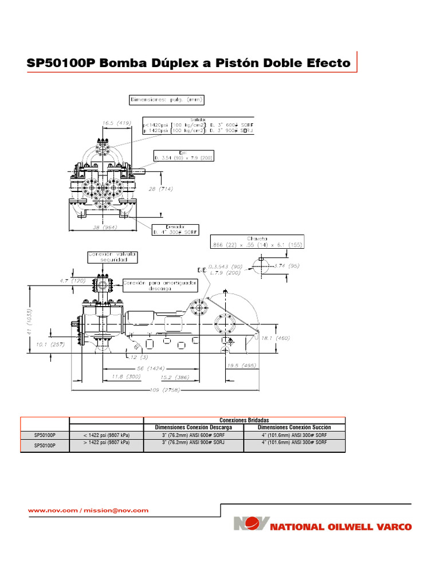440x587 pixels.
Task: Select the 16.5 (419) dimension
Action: click(x=117, y=123)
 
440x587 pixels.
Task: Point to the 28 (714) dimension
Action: click(x=160, y=189)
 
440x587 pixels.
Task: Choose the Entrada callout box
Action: click(x=175, y=229)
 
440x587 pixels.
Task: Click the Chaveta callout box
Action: click(x=257, y=241)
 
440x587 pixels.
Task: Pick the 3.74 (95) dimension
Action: click(x=287, y=266)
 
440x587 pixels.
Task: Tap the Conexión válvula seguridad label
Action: click(x=113, y=257)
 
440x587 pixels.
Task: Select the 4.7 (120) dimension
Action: click(x=71, y=281)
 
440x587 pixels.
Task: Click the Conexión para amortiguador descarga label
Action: click(x=160, y=285)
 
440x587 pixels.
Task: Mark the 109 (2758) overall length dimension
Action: click(x=164, y=390)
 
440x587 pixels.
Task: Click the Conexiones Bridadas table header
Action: click(x=244, y=420)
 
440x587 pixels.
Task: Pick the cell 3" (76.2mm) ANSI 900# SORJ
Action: click(x=194, y=443)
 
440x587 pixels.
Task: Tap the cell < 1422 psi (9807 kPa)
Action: click(x=105, y=435)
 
